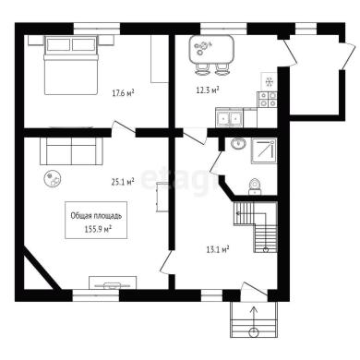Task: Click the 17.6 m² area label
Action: point(123,92)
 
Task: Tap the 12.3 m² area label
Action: point(208,90)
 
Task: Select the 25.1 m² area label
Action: point(123,182)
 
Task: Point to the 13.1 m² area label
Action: point(218,249)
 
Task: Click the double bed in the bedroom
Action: point(71,65)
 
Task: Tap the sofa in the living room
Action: point(71,150)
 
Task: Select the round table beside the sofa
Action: point(54,178)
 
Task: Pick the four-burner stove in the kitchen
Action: point(267,100)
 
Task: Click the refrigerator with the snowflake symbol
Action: point(270,82)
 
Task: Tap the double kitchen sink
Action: point(229,118)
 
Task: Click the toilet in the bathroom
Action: point(255,186)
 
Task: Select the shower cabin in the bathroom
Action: point(264,150)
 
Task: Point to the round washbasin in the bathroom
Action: point(238,143)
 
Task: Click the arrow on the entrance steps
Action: point(254,320)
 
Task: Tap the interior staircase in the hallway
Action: point(256,227)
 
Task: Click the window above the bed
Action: point(96,29)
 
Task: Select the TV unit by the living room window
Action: point(113,282)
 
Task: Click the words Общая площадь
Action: point(96,216)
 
